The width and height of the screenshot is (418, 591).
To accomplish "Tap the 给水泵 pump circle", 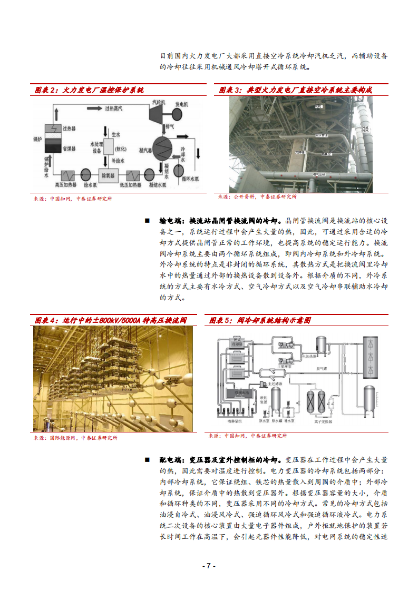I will (85, 173).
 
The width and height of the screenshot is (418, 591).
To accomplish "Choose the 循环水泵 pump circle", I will (179, 170).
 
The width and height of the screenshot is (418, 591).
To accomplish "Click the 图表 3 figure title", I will (295, 90).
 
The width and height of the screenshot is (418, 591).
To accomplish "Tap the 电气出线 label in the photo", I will (319, 173).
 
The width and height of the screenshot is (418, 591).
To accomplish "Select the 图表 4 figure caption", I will (110, 320).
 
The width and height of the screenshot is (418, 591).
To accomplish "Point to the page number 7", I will (209, 566).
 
